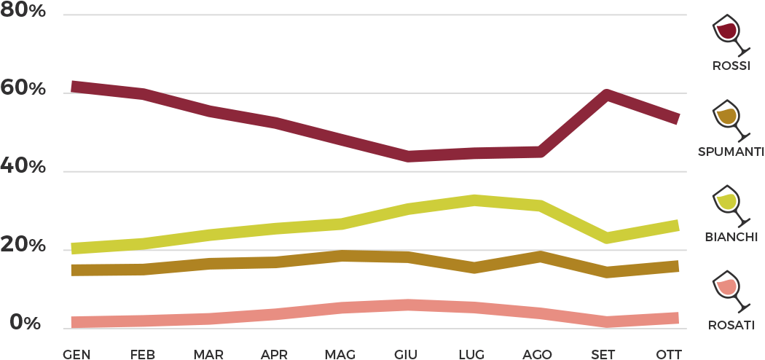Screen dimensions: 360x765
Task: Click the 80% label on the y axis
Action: pyautogui.click(x=23, y=12)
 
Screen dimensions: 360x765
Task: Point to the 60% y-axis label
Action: pyautogui.click(x=23, y=90)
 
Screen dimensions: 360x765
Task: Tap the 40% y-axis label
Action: pyautogui.click(x=23, y=168)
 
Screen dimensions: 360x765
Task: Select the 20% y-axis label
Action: pyautogui.click(x=23, y=246)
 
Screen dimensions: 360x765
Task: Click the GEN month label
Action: pyautogui.click(x=76, y=354)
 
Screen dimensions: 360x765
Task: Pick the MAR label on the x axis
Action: pyautogui.click(x=208, y=354)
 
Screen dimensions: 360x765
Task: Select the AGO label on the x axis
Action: pyautogui.click(x=538, y=354)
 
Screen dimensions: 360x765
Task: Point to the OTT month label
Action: pyautogui.click(x=668, y=354)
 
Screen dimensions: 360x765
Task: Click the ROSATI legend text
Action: pyautogui.click(x=731, y=325)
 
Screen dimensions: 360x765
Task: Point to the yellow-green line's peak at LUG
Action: pyautogui.click(x=475, y=200)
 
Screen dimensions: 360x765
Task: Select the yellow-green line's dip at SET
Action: pyautogui.click(x=606, y=238)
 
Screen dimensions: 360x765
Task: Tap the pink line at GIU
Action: pyautogui.click(x=409, y=305)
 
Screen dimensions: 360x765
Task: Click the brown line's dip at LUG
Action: pyautogui.click(x=475, y=267)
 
